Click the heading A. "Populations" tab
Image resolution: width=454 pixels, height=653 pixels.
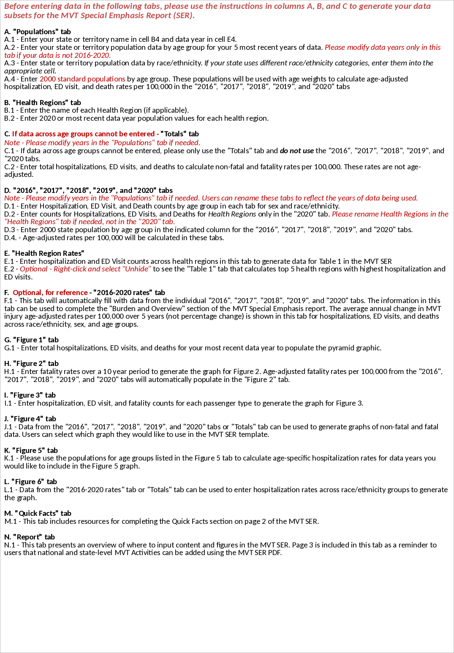tap(38, 32)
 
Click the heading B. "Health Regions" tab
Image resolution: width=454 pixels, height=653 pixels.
tap(43, 103)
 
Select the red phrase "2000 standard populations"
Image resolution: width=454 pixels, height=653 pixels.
tap(82, 79)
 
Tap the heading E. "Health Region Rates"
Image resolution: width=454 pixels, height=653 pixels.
tap(44, 253)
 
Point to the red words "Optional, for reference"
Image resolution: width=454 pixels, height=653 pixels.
tap(50, 293)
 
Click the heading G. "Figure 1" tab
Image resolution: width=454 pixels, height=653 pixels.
tap(32, 340)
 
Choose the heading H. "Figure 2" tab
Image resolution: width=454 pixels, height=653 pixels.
tap(32, 363)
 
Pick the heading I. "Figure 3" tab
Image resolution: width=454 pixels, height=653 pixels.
tap(30, 395)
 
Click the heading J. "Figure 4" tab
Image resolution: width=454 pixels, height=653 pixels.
tap(30, 419)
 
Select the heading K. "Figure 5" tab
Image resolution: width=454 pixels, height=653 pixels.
tap(31, 450)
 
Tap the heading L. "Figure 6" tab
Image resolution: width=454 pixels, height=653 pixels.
tap(30, 482)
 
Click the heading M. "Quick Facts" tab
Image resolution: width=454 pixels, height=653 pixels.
tap(38, 513)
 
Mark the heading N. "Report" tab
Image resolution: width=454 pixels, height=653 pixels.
tap(30, 537)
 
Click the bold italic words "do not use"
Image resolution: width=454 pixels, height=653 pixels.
tap(296, 151)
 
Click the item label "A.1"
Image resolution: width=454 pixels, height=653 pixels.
tap(9, 39)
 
